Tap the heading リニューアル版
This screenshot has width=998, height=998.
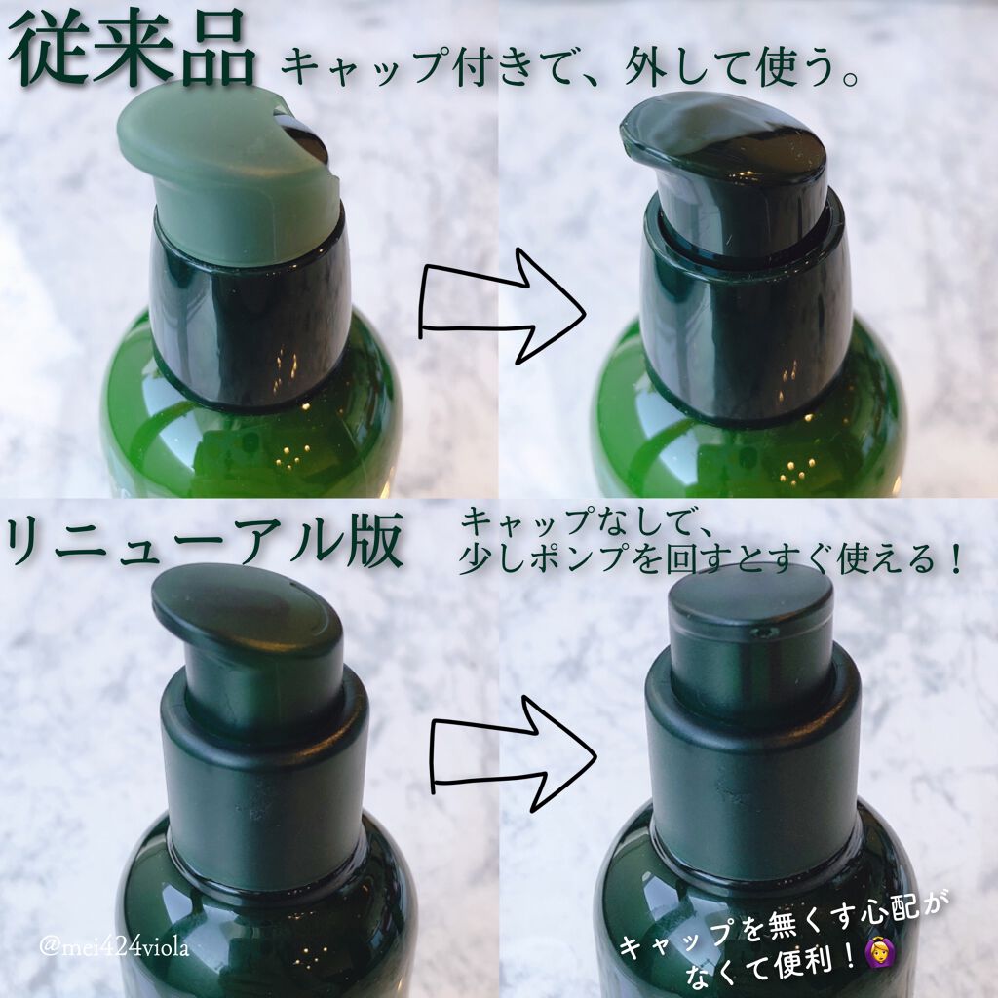[205, 541]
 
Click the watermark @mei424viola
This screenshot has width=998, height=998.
[115, 947]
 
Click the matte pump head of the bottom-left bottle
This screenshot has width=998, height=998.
[249, 643]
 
